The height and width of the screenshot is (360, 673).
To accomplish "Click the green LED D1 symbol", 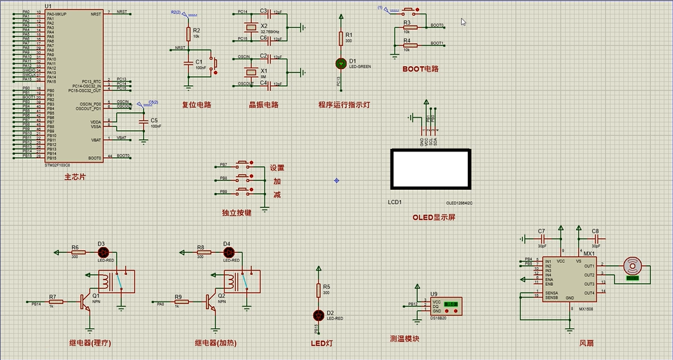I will pyautogui.click(x=340, y=63).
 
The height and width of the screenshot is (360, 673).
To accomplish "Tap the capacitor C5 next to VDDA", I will pyautogui.click(x=144, y=122).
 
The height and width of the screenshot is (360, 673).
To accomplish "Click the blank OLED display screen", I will pyautogui.click(x=429, y=169).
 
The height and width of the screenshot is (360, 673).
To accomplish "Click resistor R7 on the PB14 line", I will pyautogui.click(x=57, y=302).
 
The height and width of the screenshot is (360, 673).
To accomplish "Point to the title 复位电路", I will pyautogui.click(x=196, y=104).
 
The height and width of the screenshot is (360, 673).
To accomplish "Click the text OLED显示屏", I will pyautogui.click(x=433, y=217).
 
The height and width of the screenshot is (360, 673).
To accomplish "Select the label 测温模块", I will pyautogui.click(x=404, y=339).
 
